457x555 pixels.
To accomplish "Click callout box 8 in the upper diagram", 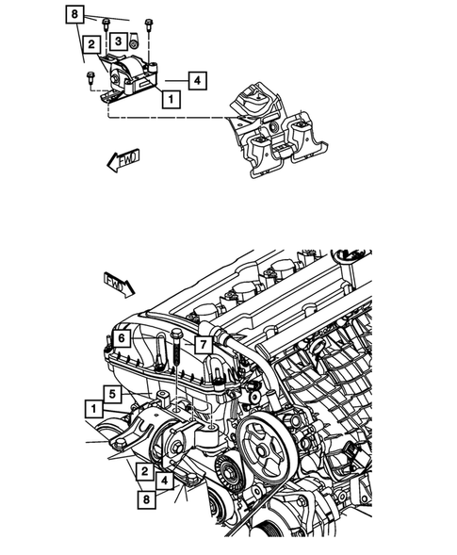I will click(x=74, y=14).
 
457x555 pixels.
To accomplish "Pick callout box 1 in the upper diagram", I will click(x=169, y=97).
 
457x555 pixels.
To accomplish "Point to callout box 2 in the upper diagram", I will click(x=90, y=44).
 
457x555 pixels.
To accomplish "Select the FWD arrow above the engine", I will click(x=120, y=282).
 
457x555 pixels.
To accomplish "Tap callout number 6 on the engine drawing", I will click(x=121, y=339).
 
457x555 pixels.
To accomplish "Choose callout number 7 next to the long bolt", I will click(x=202, y=346).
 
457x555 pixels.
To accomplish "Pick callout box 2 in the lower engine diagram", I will click(x=144, y=470).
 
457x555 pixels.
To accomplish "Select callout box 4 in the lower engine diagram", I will click(x=166, y=481).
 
